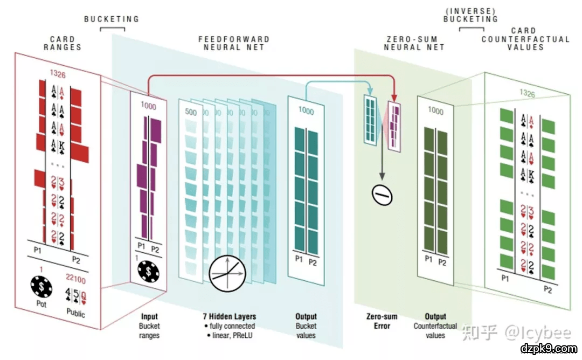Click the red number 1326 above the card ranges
pos(58,73)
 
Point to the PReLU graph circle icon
pos(226,271)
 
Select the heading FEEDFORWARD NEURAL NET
pos(234,43)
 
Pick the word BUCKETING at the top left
pos(112,19)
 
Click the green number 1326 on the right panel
pos(527,94)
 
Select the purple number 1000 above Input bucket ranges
pos(148,106)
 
